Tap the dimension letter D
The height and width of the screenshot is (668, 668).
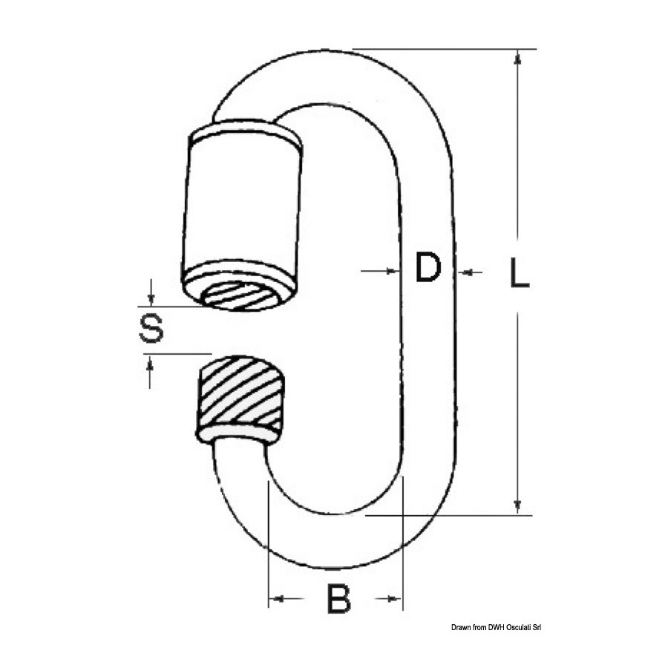pyautogui.click(x=428, y=267)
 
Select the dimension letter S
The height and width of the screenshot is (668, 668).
pyautogui.click(x=151, y=328)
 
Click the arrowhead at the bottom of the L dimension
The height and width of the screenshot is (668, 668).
pyautogui.click(x=517, y=506)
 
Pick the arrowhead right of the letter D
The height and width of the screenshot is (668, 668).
pyautogui.click(x=465, y=272)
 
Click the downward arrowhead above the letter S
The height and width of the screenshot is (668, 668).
pyautogui.click(x=150, y=299)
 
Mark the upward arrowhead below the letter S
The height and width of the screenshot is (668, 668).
pyautogui.click(x=149, y=361)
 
